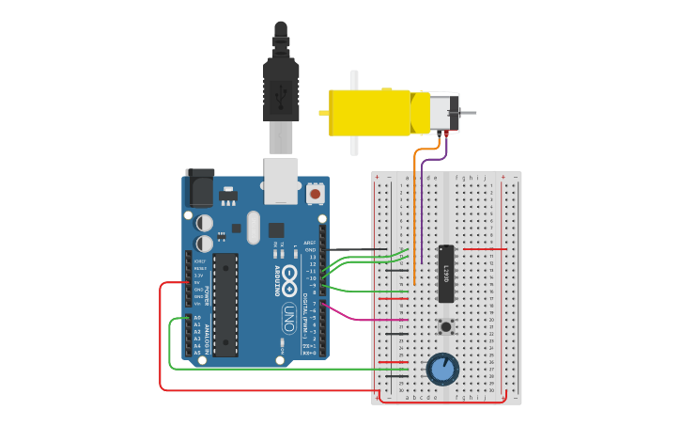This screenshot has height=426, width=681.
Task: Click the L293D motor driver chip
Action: [447, 273]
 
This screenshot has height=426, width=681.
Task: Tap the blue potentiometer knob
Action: [442, 368]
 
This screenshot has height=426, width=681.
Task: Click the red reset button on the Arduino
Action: [315, 194]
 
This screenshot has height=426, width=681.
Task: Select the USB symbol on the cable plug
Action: [281, 92]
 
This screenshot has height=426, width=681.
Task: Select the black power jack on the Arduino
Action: [200, 187]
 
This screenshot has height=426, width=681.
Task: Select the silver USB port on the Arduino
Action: [281, 181]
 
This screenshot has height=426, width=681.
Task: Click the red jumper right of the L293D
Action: [484, 249]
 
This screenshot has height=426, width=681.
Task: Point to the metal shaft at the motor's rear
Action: [467, 113]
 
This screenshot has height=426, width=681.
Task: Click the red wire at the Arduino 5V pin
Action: [174, 282]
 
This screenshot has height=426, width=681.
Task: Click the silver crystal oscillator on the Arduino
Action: [253, 228]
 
